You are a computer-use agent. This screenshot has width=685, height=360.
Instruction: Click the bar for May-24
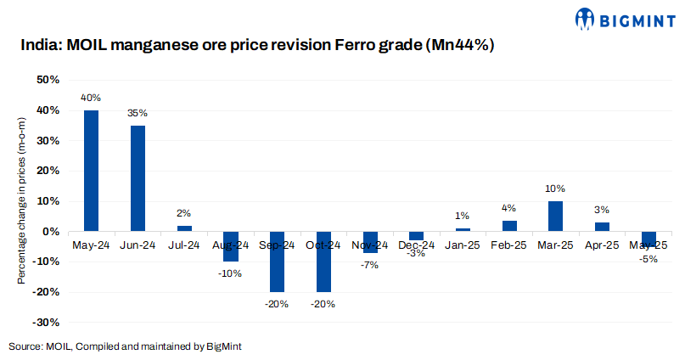point(91,171)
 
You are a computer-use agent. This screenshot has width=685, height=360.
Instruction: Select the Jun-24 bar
point(138,178)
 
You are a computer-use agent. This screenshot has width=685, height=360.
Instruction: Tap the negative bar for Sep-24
point(277,262)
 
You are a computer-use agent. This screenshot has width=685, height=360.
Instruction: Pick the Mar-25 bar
point(555,216)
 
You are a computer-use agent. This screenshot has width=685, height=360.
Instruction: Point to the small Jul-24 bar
point(184,228)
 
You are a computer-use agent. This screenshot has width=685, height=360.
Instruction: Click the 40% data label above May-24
point(90,98)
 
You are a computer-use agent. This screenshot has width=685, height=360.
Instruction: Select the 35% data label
point(138,113)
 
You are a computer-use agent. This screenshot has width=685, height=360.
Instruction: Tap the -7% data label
point(369,265)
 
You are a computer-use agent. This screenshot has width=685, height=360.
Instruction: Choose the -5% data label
point(649,259)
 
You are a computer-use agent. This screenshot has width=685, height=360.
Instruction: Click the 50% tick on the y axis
point(48,80)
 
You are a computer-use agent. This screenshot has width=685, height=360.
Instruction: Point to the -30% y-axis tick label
point(46,322)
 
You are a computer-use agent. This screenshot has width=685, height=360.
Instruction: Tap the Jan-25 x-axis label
point(463,245)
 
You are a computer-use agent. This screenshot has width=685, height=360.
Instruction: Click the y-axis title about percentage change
point(23,200)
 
